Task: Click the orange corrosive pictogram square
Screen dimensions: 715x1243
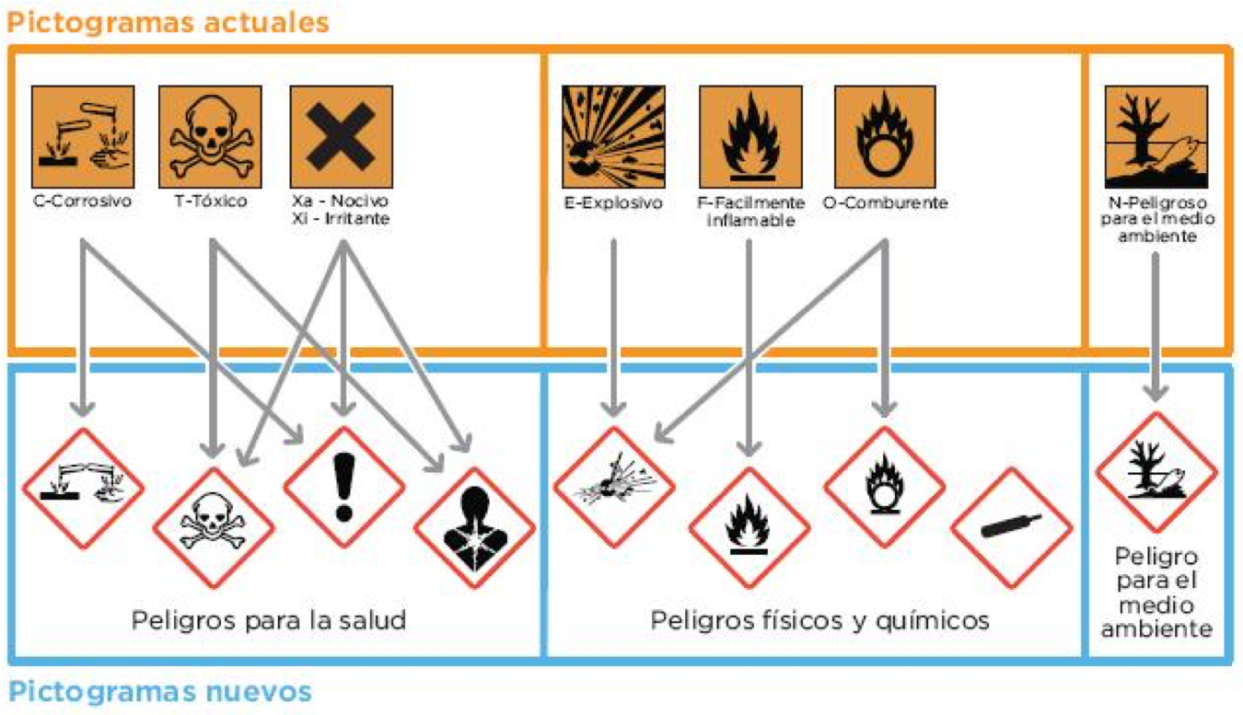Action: [x=83, y=136]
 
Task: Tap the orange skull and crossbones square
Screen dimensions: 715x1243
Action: [x=211, y=136]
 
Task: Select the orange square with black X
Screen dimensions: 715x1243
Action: [x=342, y=136]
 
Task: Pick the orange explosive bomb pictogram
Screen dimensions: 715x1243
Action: [x=612, y=136]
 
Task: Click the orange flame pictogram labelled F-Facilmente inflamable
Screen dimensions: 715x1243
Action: [x=749, y=136]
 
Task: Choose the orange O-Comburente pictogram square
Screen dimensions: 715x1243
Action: [x=885, y=136]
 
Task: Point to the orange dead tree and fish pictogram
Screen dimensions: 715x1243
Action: [x=1156, y=136]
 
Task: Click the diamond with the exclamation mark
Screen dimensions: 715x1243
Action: [x=343, y=487]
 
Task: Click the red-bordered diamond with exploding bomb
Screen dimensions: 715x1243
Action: [x=614, y=487]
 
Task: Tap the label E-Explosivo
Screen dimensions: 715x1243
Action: [x=612, y=203]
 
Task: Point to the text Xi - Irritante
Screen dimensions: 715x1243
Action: [x=341, y=220]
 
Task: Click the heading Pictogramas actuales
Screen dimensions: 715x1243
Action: [x=168, y=22]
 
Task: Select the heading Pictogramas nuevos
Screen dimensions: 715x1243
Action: [x=160, y=690]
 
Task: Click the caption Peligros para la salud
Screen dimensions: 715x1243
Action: [x=268, y=619]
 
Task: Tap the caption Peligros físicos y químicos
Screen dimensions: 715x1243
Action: [x=819, y=619]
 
